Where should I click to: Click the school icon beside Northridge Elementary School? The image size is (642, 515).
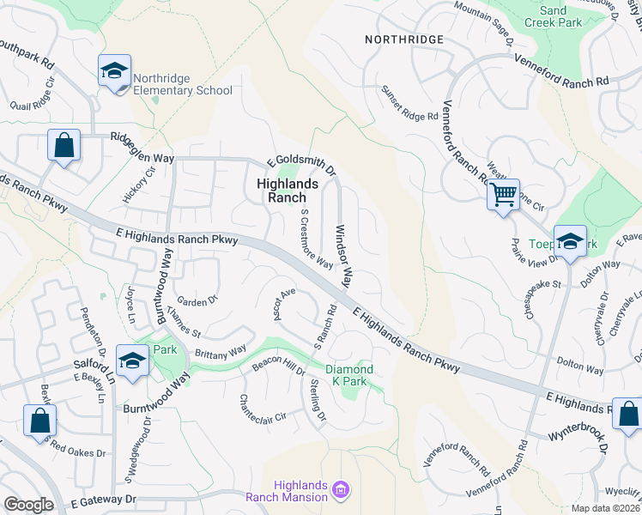(114, 72)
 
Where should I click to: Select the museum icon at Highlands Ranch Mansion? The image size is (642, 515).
(342, 491)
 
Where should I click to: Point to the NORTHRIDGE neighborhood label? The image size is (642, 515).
(404, 39)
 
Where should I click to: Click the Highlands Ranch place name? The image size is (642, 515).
(288, 190)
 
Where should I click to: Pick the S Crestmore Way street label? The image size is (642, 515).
(316, 239)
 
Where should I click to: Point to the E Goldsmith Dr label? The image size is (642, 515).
(300, 161)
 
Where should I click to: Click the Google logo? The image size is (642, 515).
(28, 505)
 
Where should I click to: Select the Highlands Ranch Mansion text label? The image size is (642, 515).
(288, 491)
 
